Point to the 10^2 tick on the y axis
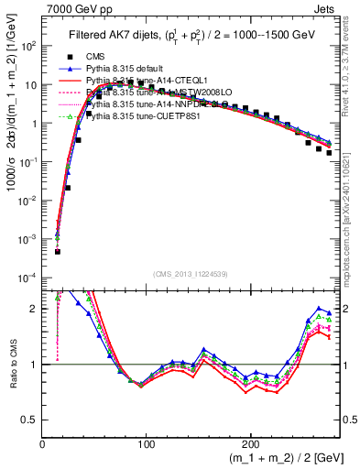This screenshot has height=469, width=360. [x=27, y=45]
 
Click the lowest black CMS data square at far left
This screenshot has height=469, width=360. [x=57, y=251]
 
